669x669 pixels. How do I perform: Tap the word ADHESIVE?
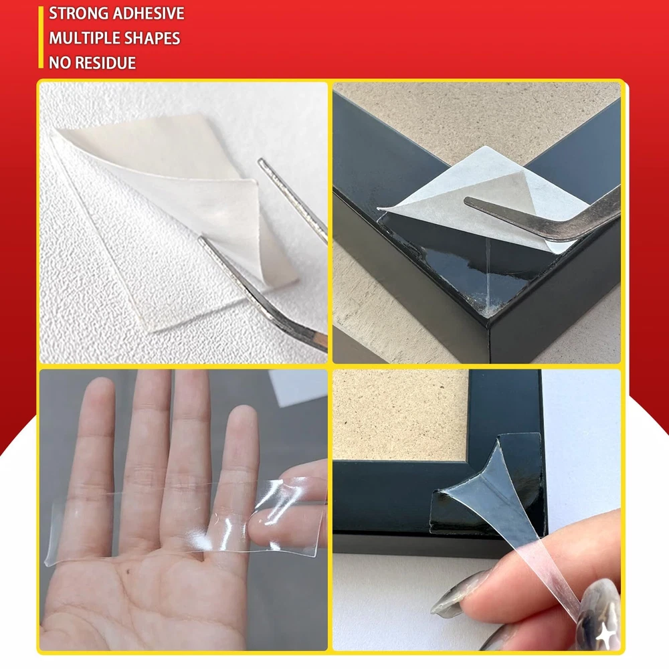coord(142,13)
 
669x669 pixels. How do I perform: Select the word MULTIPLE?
coord(78,38)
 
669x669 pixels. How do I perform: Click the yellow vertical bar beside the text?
coord(41,37)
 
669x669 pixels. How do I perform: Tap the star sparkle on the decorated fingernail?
coord(605,637)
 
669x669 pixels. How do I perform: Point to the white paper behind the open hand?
coord(298,386)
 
